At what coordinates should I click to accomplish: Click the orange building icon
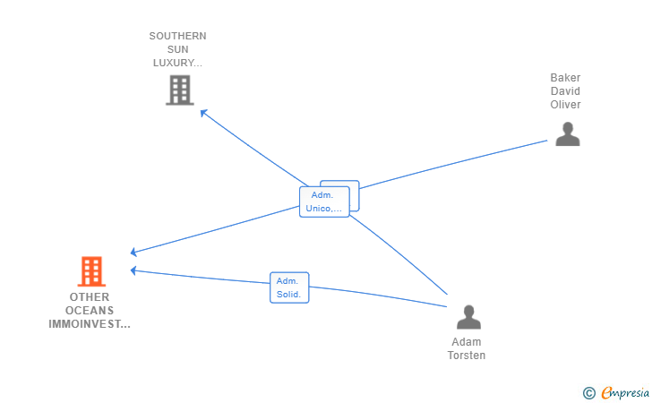[x=91, y=271]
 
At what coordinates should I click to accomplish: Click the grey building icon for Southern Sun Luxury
[x=180, y=90]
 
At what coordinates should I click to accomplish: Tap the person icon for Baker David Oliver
[x=568, y=134]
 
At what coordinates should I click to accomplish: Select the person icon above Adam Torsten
[x=468, y=317]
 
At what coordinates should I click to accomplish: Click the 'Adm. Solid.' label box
[x=289, y=287]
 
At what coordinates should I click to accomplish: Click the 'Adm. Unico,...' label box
[x=324, y=201]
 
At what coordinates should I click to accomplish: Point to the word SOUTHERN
[x=177, y=36]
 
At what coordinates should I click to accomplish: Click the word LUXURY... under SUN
[x=177, y=63]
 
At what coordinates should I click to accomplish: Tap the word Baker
[x=565, y=78]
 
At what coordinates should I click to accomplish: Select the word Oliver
[x=565, y=105]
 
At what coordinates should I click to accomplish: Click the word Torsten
[x=466, y=356]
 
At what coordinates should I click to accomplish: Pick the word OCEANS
[x=90, y=310]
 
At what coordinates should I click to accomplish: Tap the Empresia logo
[x=625, y=392]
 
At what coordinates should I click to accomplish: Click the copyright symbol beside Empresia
[x=588, y=393]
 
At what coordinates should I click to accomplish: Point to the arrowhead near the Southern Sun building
[x=204, y=113]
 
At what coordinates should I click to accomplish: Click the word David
[x=565, y=91]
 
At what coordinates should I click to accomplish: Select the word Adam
[x=466, y=342]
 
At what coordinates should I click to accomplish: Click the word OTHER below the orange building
[x=90, y=297]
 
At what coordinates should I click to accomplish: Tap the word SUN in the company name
[x=177, y=49]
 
